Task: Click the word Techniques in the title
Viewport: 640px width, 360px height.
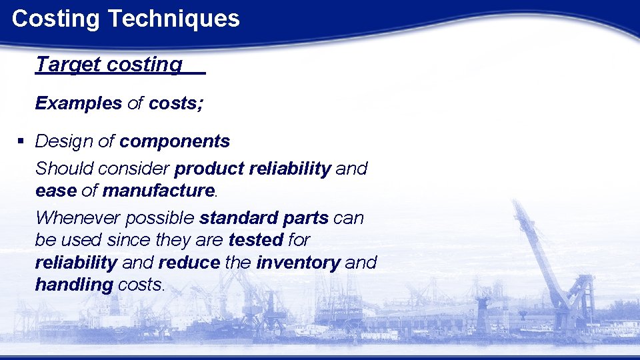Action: pyautogui.click(x=173, y=19)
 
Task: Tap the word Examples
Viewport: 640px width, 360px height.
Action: pyautogui.click(x=79, y=103)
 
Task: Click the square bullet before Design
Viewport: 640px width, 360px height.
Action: pyautogui.click(x=21, y=141)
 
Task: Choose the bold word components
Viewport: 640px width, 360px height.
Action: pyautogui.click(x=175, y=141)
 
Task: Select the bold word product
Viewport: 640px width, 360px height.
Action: pyautogui.click(x=209, y=169)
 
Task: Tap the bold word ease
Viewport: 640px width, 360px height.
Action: pyautogui.click(x=55, y=191)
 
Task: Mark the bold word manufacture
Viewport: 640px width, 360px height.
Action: pyautogui.click(x=158, y=191)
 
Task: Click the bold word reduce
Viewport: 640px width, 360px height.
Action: pyautogui.click(x=189, y=263)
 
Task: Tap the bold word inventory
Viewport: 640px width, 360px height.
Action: pyautogui.click(x=297, y=263)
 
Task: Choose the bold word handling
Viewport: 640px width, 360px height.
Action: pyautogui.click(x=73, y=285)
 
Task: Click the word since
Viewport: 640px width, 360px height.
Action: pyautogui.click(x=131, y=239)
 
